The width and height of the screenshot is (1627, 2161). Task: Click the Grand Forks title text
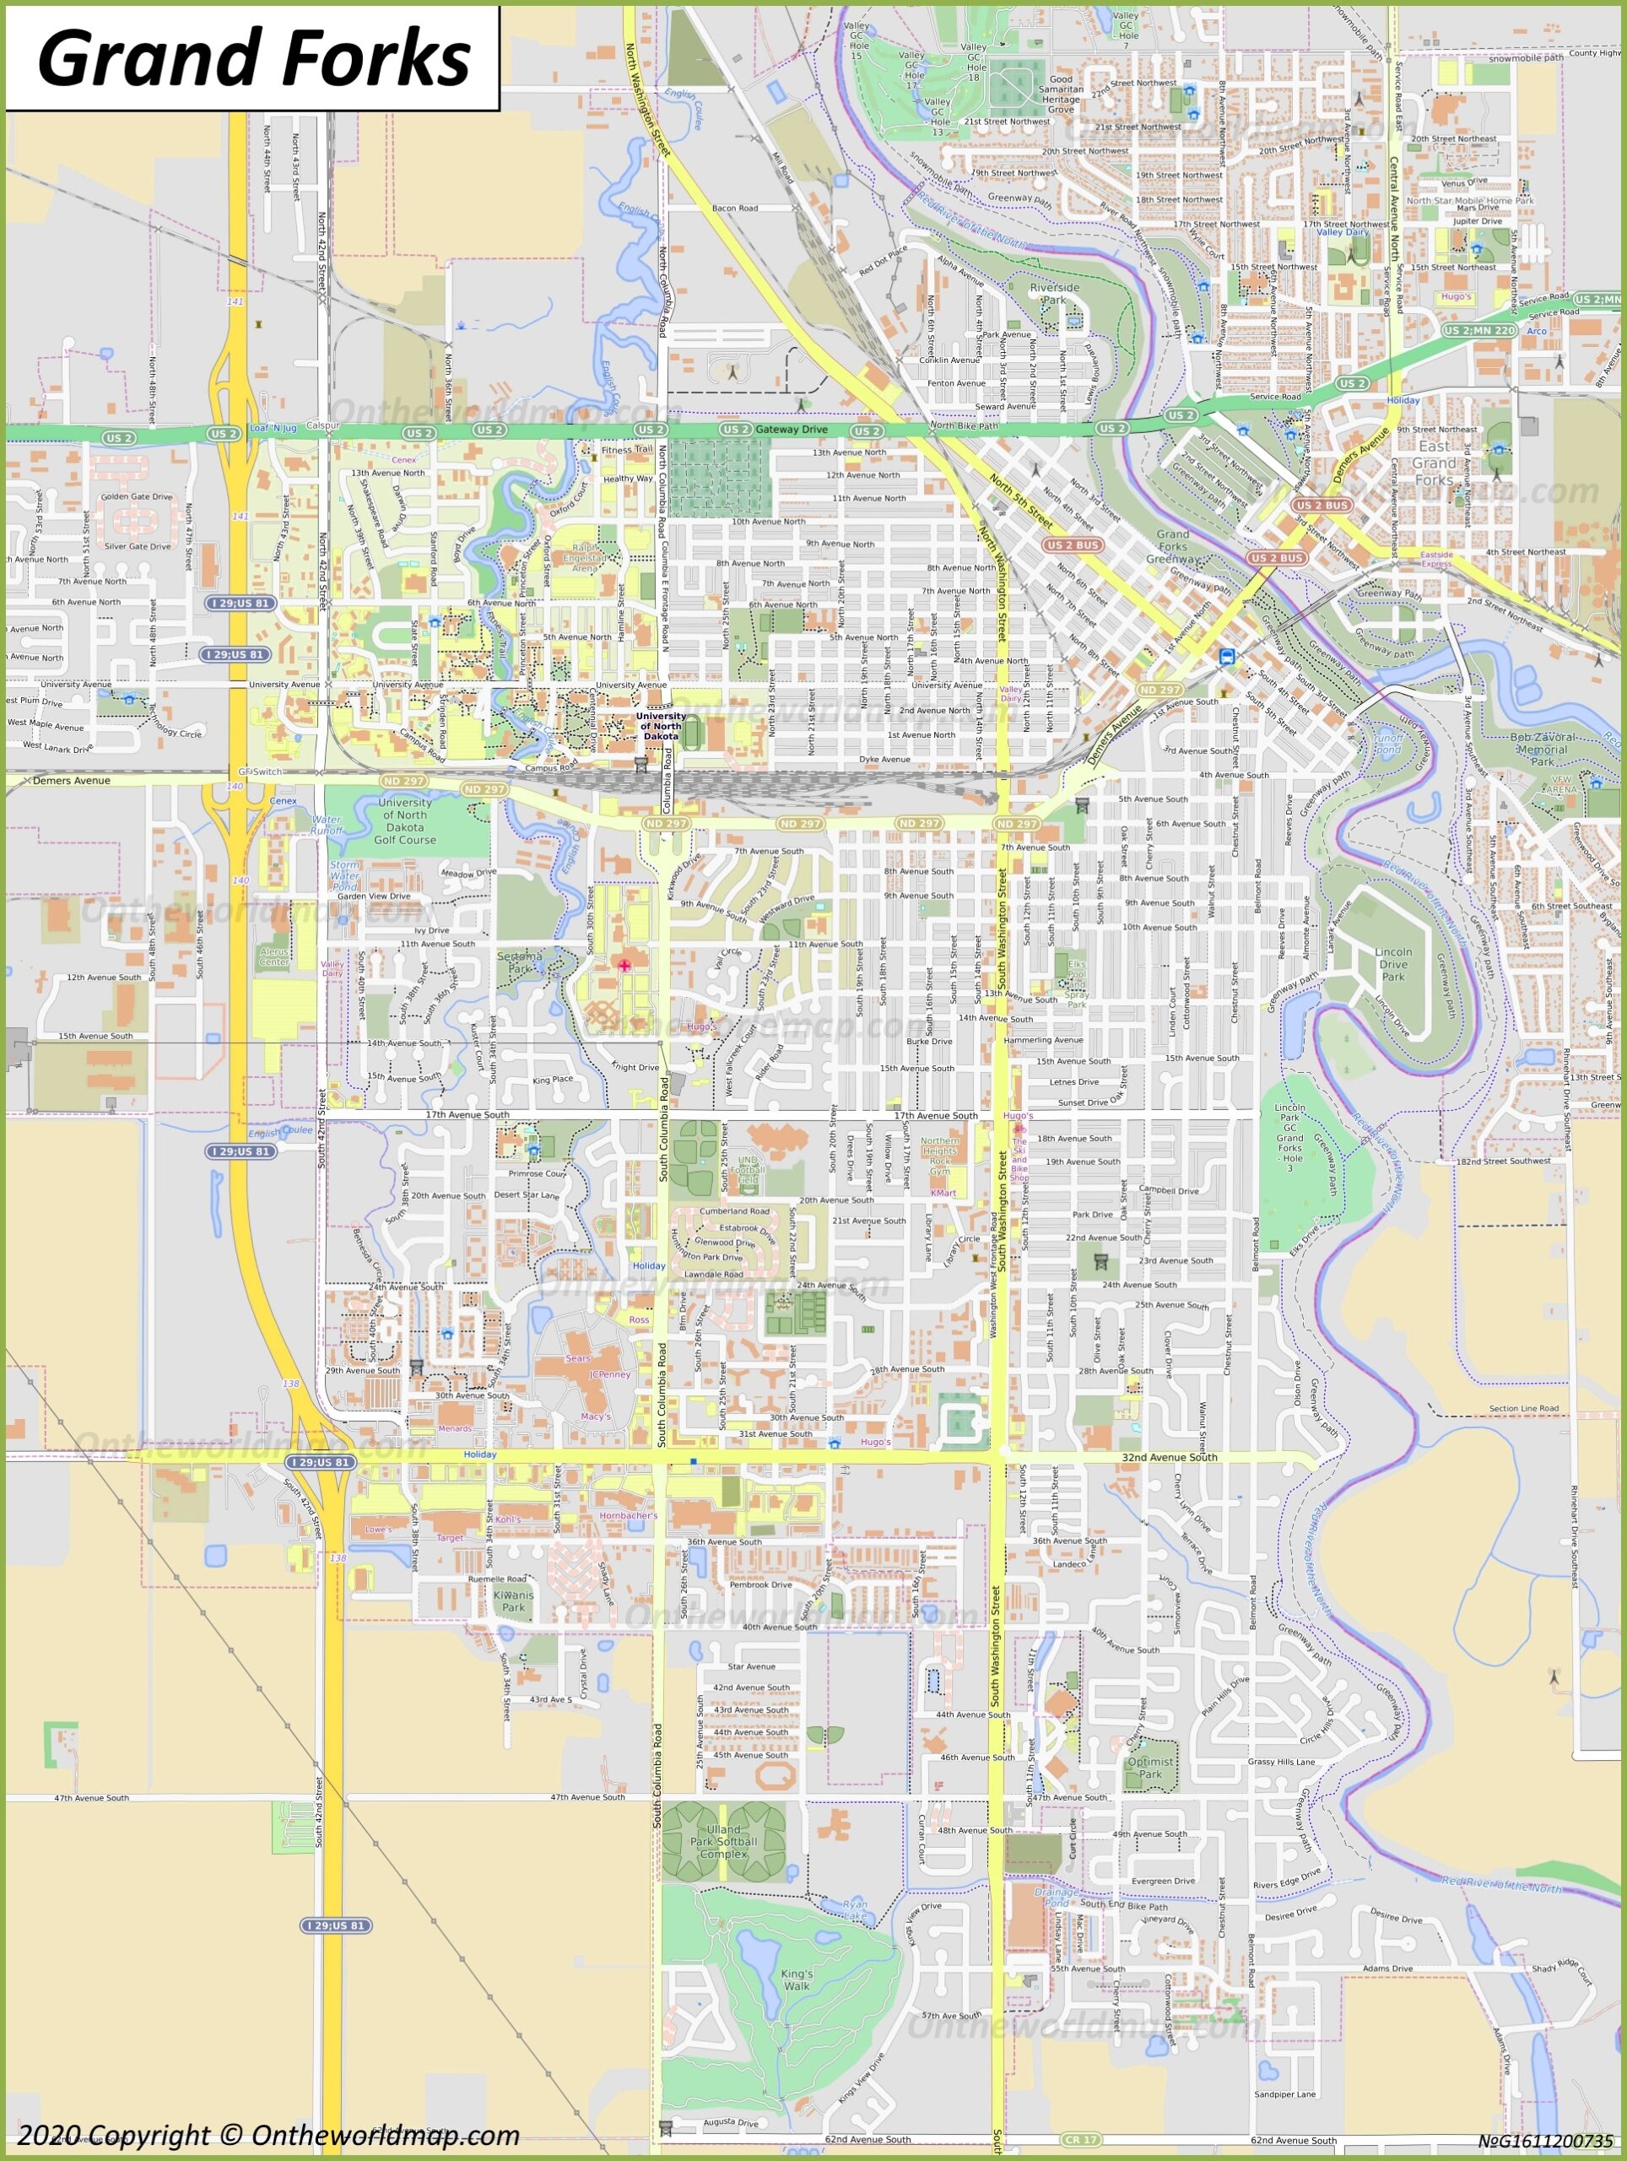point(253,57)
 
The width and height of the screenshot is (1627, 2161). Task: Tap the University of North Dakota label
point(661,725)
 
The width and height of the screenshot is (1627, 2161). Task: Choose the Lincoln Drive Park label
point(1392,963)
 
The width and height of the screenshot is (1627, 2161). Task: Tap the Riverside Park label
point(1055,294)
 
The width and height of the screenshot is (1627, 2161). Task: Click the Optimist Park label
point(1150,1768)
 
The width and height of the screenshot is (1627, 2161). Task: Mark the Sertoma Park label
point(520,962)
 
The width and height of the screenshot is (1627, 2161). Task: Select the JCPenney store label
point(609,1374)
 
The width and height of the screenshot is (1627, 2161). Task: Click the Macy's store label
point(595,1416)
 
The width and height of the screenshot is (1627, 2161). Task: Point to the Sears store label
point(578,1358)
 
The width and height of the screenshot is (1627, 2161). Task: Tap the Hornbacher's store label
point(628,1515)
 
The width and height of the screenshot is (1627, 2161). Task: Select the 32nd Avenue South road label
point(1169,1458)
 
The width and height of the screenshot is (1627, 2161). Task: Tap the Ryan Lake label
point(855,1910)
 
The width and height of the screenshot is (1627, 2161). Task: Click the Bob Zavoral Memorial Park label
point(1542,749)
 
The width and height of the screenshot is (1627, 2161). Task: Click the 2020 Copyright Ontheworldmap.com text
point(268,2135)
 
